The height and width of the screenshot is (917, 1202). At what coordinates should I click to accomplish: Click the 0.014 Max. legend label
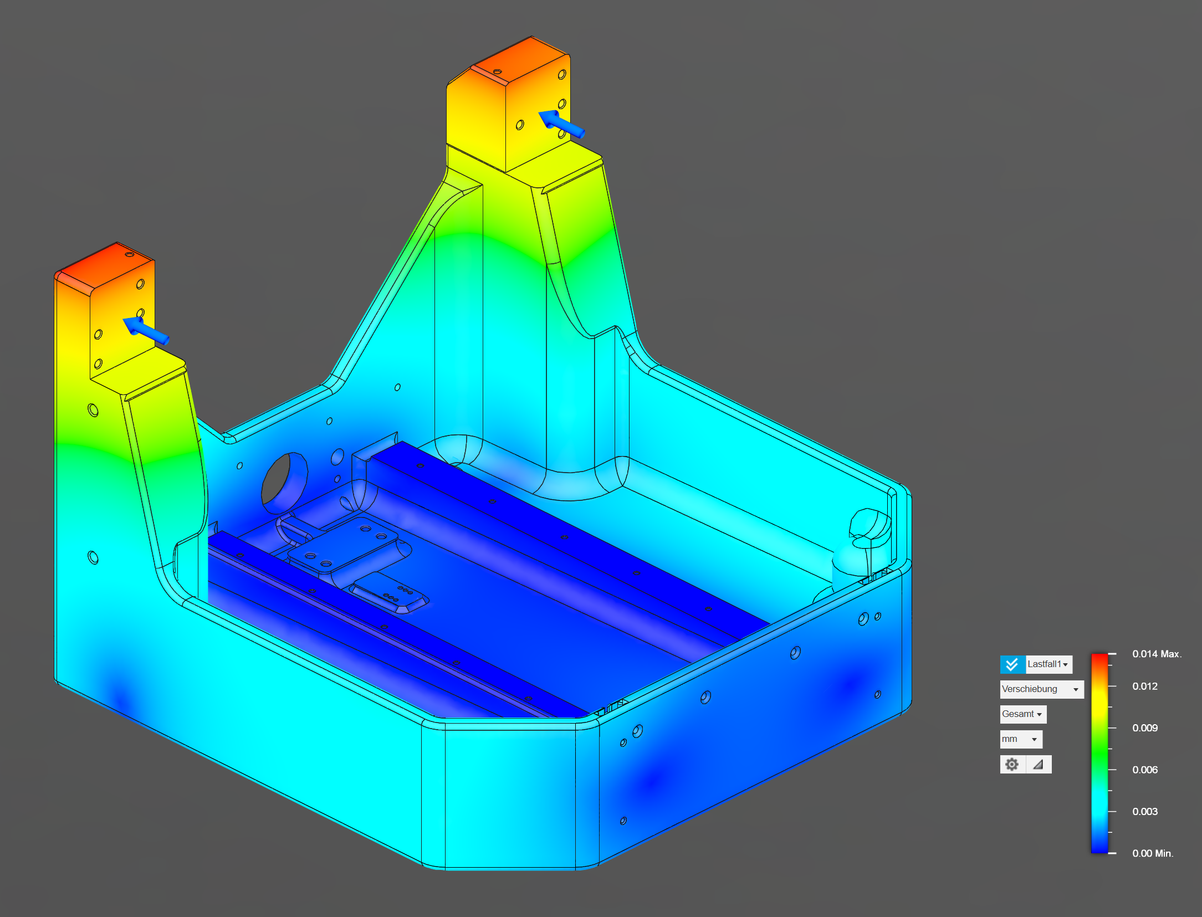point(1157,654)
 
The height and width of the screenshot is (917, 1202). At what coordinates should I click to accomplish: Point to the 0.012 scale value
point(1145,686)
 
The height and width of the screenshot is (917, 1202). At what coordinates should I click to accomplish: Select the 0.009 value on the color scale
point(1145,728)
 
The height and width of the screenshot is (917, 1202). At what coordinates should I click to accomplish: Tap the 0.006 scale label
point(1145,770)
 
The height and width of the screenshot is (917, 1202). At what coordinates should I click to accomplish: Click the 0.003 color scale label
point(1145,811)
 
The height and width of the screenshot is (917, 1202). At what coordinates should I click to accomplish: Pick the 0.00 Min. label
point(1153,853)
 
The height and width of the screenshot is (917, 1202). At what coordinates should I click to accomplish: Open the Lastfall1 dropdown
point(1048,664)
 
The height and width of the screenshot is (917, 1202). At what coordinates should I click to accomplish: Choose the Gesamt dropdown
point(1023,714)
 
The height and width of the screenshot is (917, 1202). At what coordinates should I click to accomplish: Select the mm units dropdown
point(1021,739)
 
